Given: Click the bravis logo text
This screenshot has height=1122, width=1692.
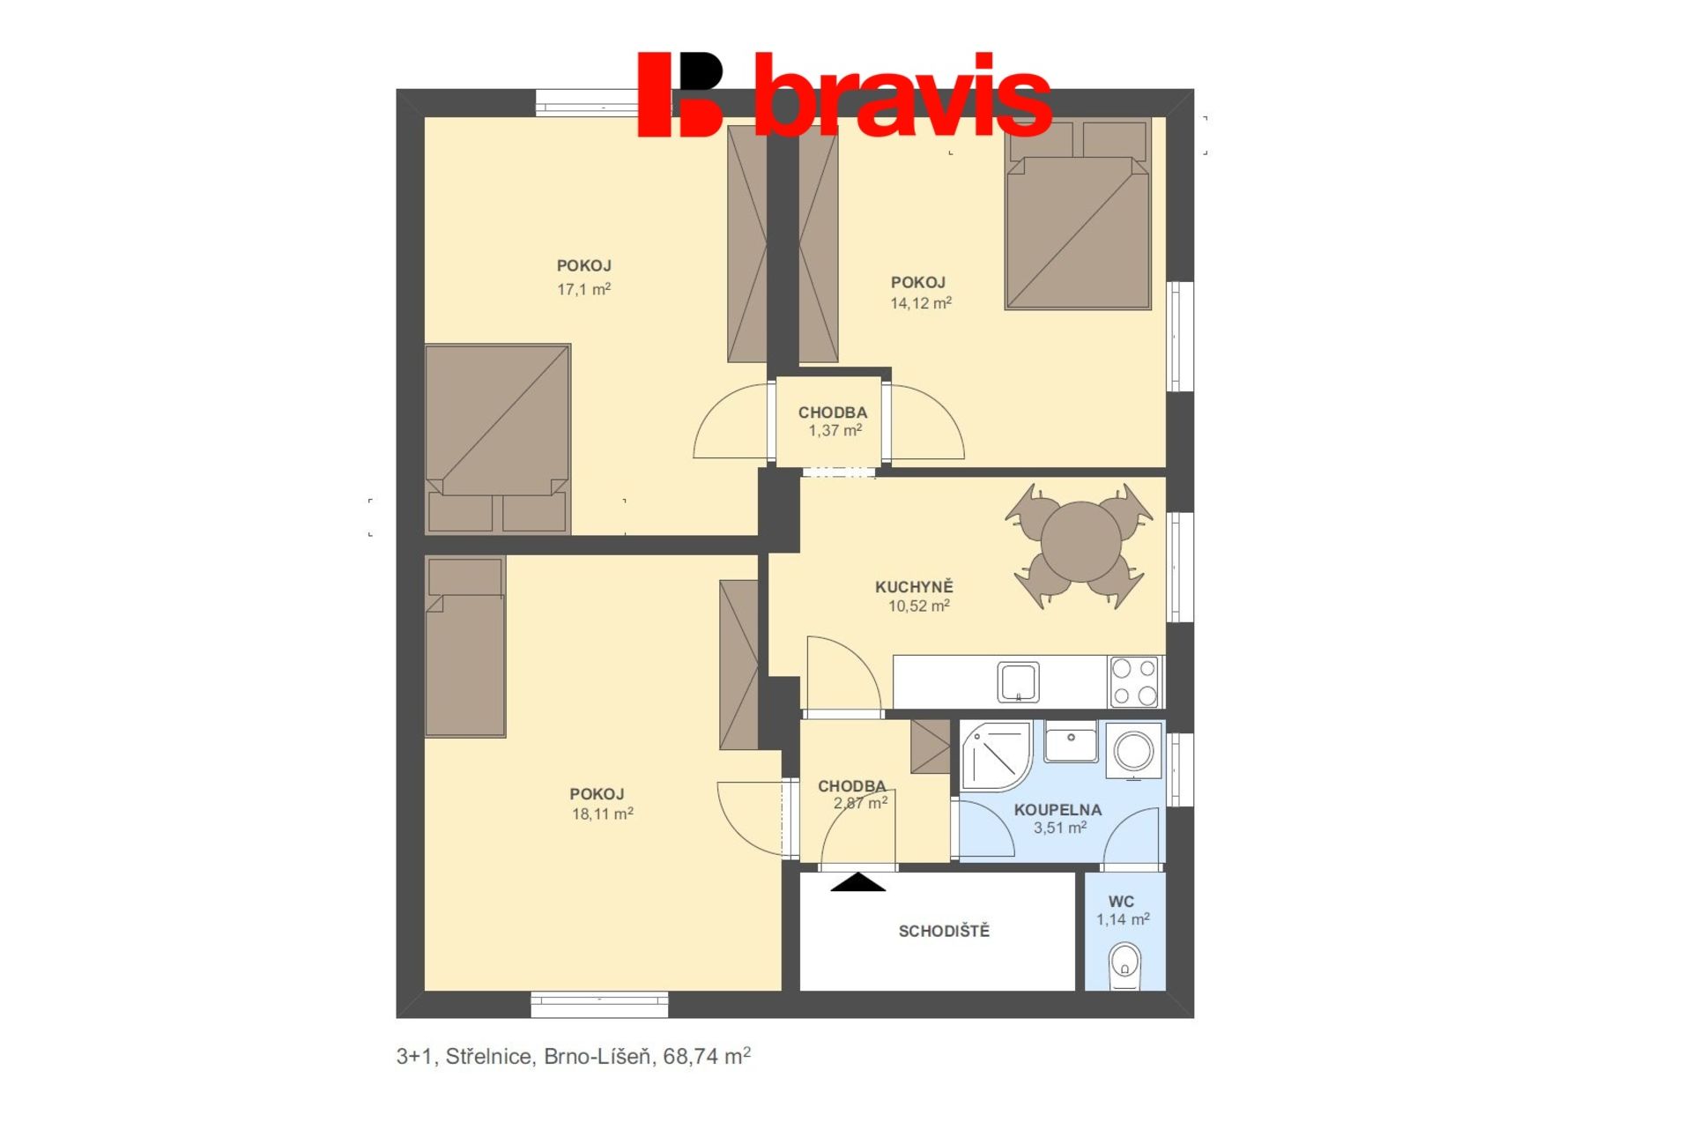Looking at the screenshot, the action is [903, 94].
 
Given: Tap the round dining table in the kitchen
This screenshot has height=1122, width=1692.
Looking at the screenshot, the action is [1080, 541].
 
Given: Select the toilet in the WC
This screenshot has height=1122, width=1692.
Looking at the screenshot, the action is [1124, 964].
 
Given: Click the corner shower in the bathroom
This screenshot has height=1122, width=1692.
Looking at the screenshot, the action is [996, 756].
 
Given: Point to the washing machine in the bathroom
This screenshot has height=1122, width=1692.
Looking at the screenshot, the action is [1134, 751].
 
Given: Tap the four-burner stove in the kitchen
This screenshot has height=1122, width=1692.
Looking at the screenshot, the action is [1135, 681].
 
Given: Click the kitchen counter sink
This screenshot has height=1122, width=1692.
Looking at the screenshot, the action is [1019, 682].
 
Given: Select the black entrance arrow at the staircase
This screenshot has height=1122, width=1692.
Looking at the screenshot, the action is [857, 881].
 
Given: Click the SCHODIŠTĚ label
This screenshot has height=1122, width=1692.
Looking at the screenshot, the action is [944, 931].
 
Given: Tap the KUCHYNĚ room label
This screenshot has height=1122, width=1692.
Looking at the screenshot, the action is [914, 587].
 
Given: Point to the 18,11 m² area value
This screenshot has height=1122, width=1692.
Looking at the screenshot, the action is [603, 814].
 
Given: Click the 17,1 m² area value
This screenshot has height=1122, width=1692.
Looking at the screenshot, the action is [583, 289].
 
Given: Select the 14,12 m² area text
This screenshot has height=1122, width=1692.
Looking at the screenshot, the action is [921, 303].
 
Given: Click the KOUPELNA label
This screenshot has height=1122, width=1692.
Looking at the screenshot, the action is [1057, 810].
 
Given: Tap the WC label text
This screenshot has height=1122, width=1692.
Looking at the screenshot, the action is [1121, 902].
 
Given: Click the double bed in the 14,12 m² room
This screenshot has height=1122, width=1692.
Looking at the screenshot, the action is [1079, 214].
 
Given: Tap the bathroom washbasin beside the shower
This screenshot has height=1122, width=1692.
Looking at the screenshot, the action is [1071, 742].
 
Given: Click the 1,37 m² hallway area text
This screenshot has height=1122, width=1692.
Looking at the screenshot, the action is [835, 431].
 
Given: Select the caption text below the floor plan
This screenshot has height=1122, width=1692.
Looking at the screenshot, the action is [574, 1056].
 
